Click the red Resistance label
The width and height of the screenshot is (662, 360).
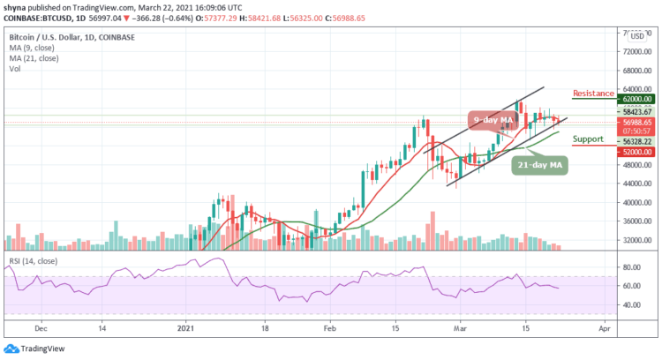(593, 93)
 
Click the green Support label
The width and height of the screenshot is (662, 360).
(587, 139)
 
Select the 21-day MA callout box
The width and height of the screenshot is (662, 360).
(538, 164)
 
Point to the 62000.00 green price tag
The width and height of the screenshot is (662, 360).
(636, 101)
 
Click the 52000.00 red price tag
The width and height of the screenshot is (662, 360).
(636, 151)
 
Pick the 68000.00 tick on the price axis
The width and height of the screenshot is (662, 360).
(636, 71)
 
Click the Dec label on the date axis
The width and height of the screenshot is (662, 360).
(41, 326)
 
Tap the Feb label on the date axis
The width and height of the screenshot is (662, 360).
(329, 326)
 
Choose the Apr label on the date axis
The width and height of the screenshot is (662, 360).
(602, 326)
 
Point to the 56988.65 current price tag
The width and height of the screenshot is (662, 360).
(636, 122)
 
